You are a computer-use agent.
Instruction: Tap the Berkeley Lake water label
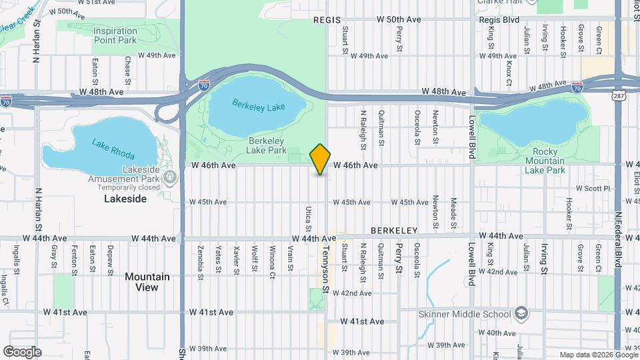(257, 107)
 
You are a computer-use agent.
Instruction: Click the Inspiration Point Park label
(115, 35)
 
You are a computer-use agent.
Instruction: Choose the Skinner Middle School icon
(521, 313)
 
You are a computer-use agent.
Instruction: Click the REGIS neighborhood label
(327, 21)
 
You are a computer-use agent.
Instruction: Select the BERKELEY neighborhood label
(394, 231)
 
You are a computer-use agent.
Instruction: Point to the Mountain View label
(147, 282)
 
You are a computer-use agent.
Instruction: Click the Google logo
(22, 351)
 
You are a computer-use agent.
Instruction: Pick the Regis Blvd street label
(499, 20)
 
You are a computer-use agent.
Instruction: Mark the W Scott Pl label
(593, 189)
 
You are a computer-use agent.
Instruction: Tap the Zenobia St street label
(201, 260)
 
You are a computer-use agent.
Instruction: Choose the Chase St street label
(128, 67)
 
